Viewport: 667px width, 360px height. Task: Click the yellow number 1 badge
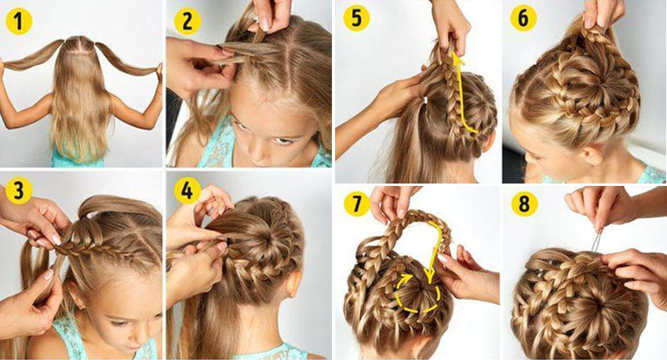point(18,23)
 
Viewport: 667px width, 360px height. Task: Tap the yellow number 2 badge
point(188,22)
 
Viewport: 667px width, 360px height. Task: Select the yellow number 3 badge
point(18,191)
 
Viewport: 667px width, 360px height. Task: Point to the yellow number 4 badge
point(188,191)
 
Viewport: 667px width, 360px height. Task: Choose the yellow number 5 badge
point(356,18)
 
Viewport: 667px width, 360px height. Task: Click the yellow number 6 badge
point(523,18)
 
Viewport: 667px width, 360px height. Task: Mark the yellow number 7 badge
point(356,204)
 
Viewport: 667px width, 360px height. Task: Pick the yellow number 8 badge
point(523,204)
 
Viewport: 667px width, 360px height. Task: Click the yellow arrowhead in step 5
point(457,60)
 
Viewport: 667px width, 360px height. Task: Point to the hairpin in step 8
point(596,242)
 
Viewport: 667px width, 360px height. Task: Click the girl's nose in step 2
point(259,151)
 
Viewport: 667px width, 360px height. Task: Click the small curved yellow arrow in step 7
point(405,281)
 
